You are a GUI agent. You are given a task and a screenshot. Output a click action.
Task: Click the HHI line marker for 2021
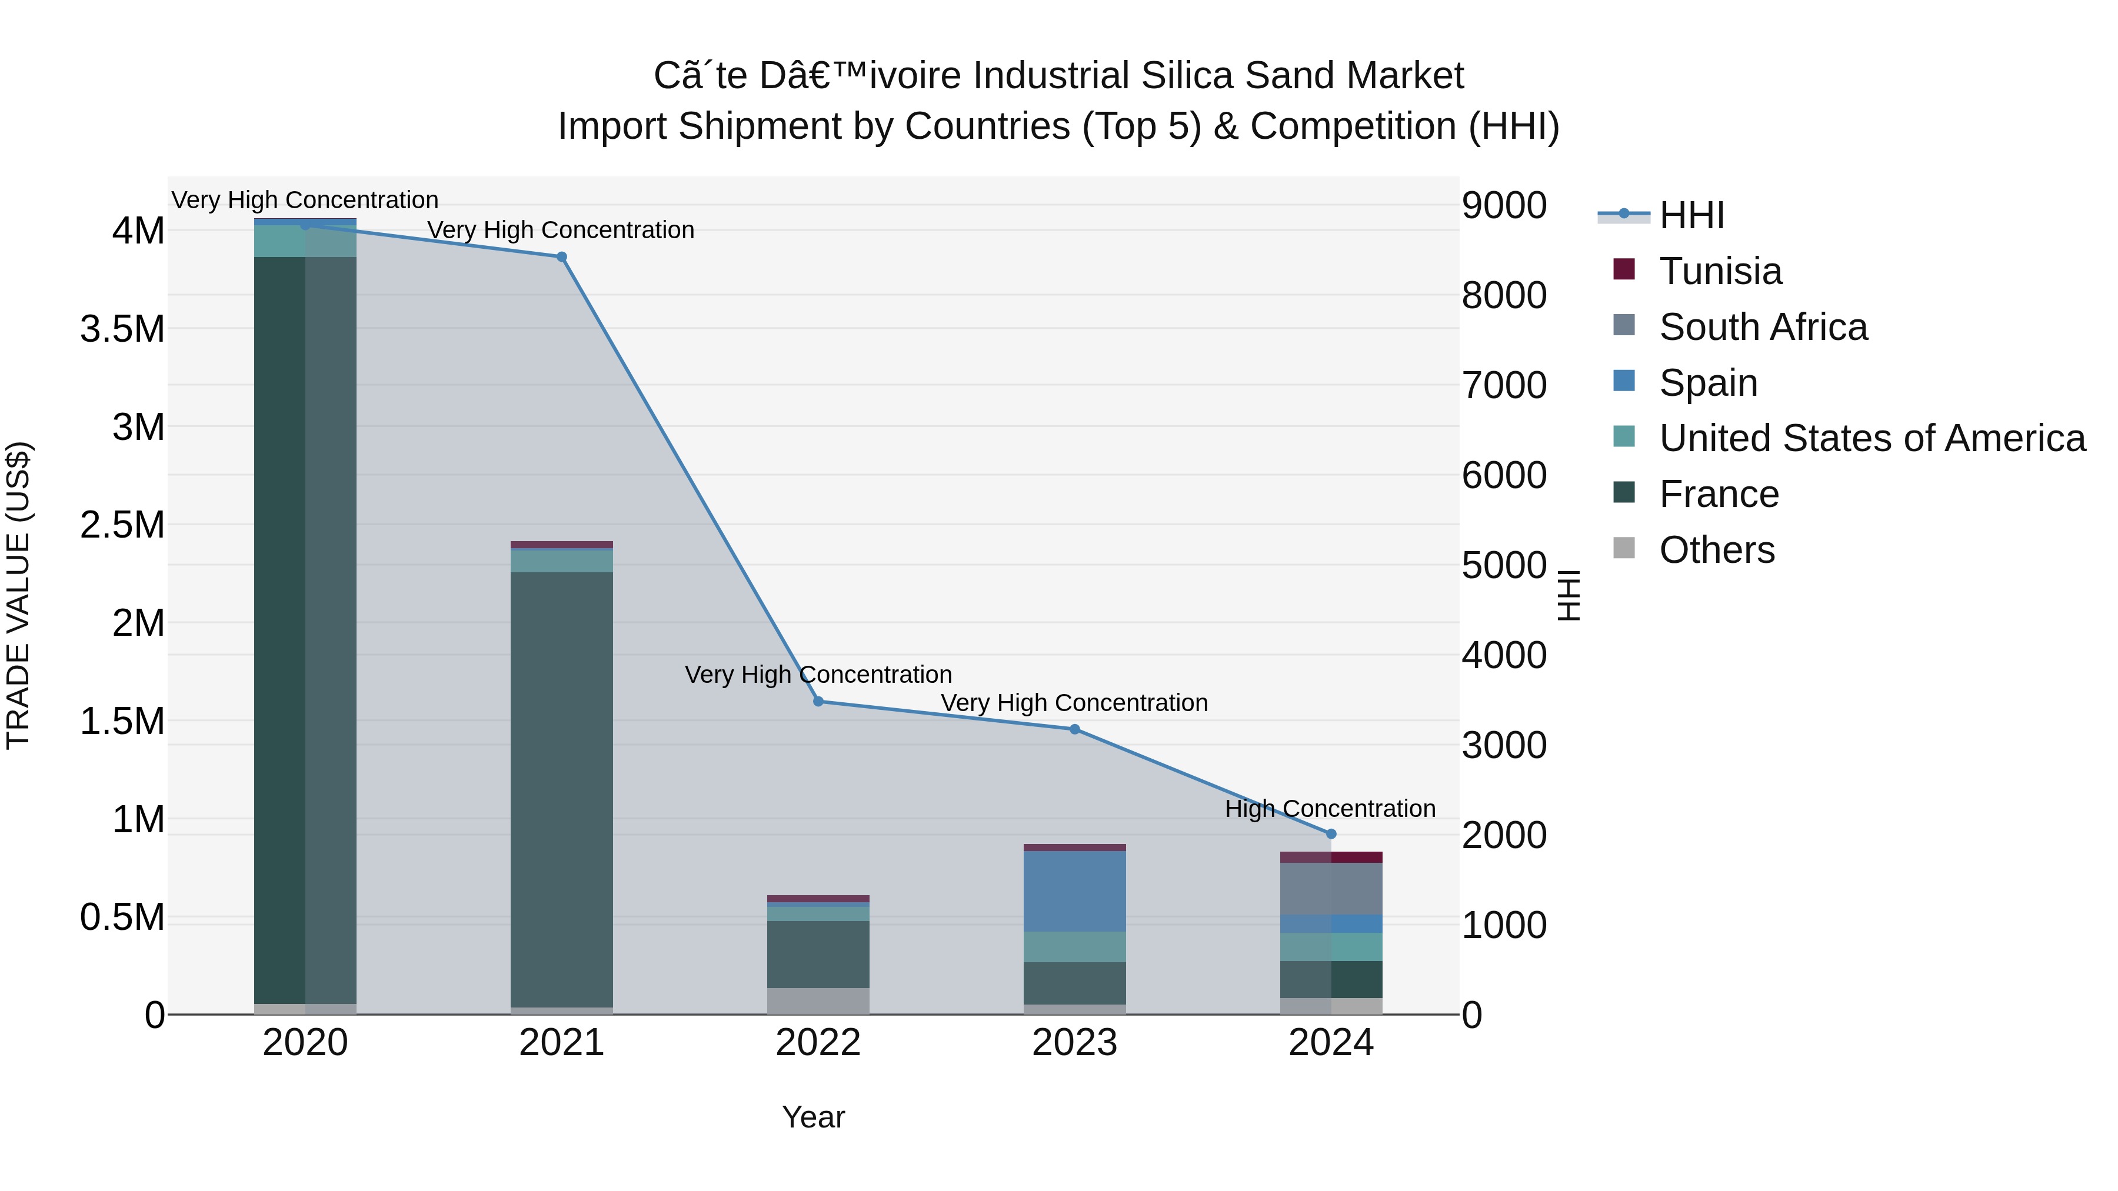point(562,257)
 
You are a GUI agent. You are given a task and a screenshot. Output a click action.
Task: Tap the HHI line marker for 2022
point(818,701)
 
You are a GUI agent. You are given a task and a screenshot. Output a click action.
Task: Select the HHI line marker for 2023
point(1075,729)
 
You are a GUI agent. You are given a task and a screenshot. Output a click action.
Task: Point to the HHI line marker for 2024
point(1331,834)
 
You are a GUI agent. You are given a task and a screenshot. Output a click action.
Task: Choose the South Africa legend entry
point(1762,327)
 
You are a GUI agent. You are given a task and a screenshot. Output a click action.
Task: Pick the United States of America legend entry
point(1871,438)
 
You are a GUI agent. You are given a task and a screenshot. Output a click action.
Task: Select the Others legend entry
point(1716,550)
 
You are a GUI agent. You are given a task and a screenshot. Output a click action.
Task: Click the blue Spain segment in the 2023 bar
point(1075,891)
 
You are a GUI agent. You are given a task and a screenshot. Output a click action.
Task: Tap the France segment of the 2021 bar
point(562,789)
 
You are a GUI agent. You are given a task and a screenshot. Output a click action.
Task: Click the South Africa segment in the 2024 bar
point(1331,889)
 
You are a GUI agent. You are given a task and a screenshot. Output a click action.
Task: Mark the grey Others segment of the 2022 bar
point(818,1000)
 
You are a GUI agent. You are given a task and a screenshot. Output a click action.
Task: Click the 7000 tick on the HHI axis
point(1504,385)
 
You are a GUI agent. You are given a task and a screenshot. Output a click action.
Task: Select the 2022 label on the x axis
point(818,1043)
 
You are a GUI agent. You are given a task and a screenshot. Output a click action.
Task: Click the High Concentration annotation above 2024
point(1330,809)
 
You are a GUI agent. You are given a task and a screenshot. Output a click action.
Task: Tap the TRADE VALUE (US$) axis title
point(18,595)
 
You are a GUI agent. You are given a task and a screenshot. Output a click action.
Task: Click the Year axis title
point(813,1117)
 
